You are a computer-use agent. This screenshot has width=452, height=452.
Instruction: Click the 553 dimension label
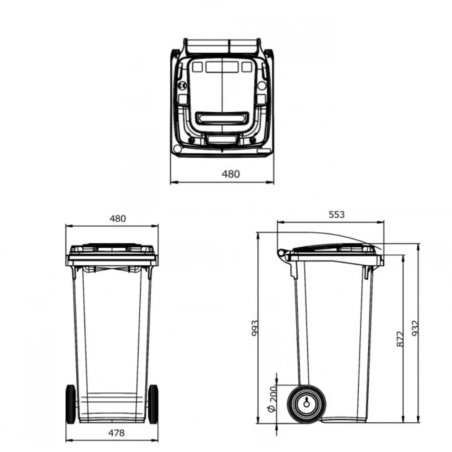click(336, 215)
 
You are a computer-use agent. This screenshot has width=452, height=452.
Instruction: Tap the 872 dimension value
click(400, 339)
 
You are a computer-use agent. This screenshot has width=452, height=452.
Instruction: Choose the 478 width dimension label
click(116, 433)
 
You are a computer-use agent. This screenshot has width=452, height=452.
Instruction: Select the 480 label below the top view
click(231, 174)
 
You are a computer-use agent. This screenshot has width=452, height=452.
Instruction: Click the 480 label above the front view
click(118, 218)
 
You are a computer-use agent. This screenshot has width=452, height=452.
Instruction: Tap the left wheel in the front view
click(71, 404)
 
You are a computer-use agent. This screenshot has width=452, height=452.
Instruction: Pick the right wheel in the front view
click(153, 404)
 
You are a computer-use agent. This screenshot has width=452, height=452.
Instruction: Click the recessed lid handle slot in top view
click(222, 118)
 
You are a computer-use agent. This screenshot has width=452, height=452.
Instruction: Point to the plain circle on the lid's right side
click(262, 86)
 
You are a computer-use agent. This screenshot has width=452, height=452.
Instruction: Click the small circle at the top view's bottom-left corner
click(177, 149)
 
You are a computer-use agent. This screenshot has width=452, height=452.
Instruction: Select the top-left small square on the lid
click(197, 67)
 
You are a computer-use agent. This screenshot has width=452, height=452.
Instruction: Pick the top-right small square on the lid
click(247, 67)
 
